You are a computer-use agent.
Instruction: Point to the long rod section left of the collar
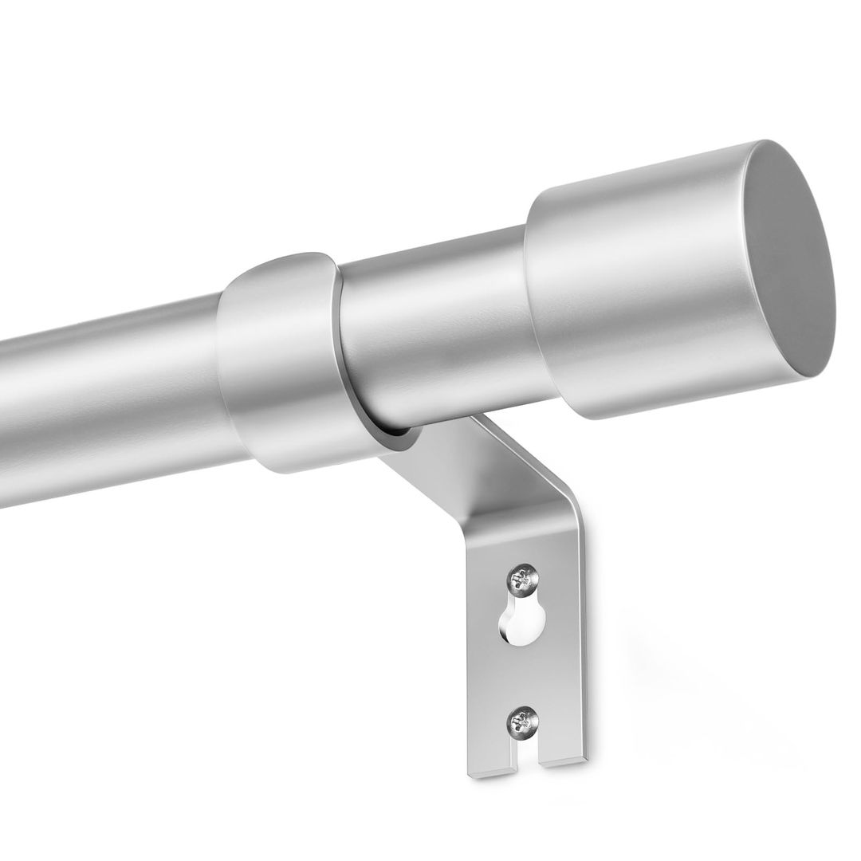pyautogui.click(x=104, y=407)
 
